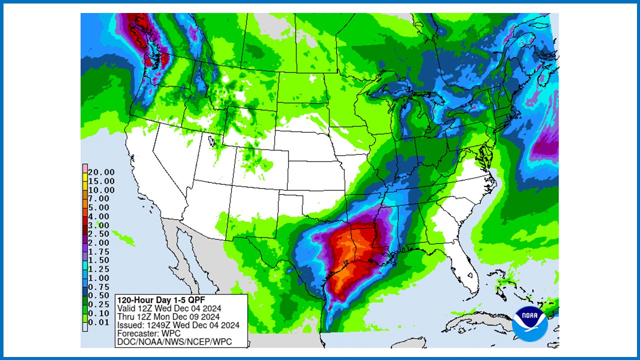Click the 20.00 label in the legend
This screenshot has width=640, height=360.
click(101, 172)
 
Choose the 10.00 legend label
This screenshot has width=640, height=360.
click(101, 190)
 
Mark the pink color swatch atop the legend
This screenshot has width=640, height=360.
click(85, 168)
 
